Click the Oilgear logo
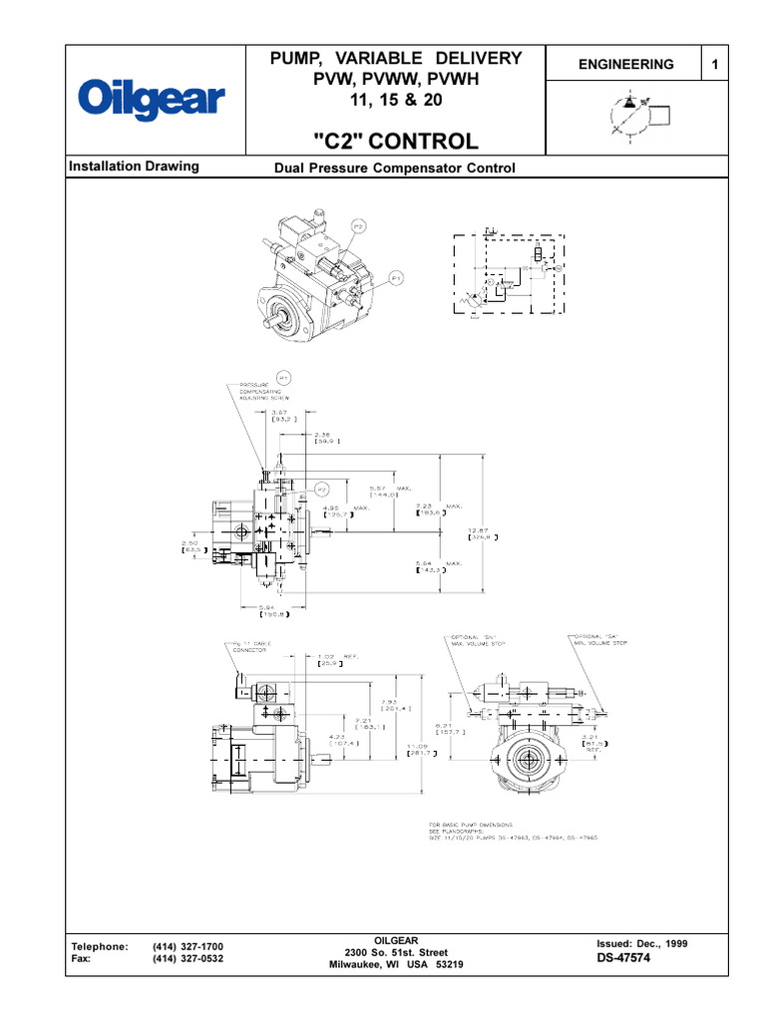pos(153,100)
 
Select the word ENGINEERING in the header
pos(626,64)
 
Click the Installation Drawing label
pos(133,167)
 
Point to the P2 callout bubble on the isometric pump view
pos(359,227)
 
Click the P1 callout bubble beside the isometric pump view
pos(396,278)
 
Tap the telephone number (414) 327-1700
pos(188,945)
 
